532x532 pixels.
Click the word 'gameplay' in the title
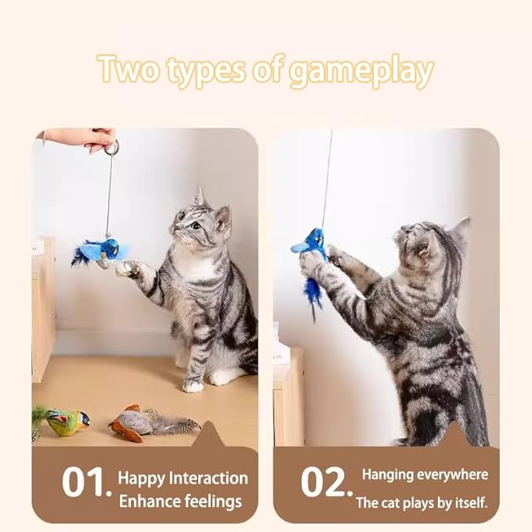pos(361,71)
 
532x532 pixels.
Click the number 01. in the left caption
pos(85,483)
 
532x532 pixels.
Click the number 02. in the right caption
pos(326,483)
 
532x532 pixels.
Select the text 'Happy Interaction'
pos(183,478)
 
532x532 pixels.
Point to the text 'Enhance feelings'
pos(180,501)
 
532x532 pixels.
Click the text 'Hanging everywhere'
pos(425,475)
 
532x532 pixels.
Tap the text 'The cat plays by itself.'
pos(422,502)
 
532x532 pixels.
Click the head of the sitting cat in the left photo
pos(201,223)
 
